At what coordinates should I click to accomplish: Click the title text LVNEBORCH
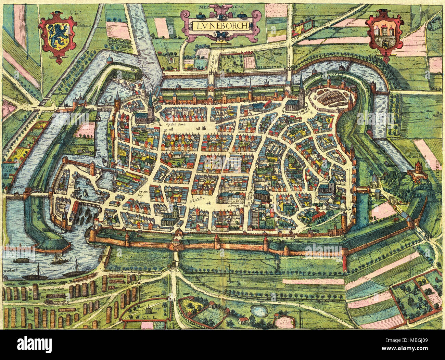coord(220,25)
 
